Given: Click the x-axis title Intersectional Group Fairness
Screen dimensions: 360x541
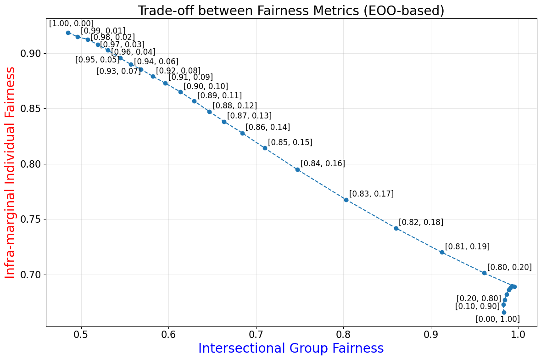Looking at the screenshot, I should coord(291,349).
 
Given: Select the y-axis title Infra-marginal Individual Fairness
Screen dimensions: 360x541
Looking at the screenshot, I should coord(11,172).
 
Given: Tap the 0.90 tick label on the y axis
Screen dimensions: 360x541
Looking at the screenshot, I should coord(31,54).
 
